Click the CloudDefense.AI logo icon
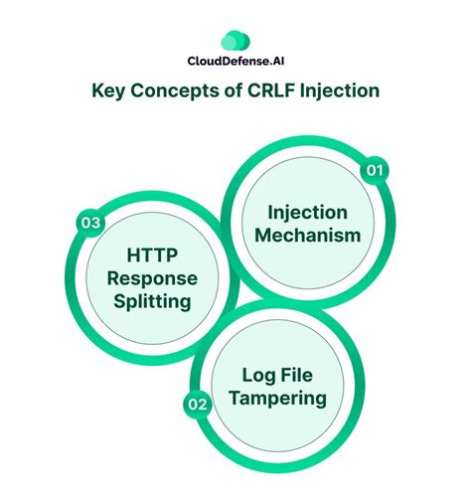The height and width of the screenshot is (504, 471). click(234, 40)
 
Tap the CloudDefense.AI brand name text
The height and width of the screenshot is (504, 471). click(235, 62)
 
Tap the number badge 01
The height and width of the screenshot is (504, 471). click(374, 171)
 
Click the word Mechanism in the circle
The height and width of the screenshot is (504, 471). click(305, 236)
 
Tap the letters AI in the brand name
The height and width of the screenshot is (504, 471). click(273, 62)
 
